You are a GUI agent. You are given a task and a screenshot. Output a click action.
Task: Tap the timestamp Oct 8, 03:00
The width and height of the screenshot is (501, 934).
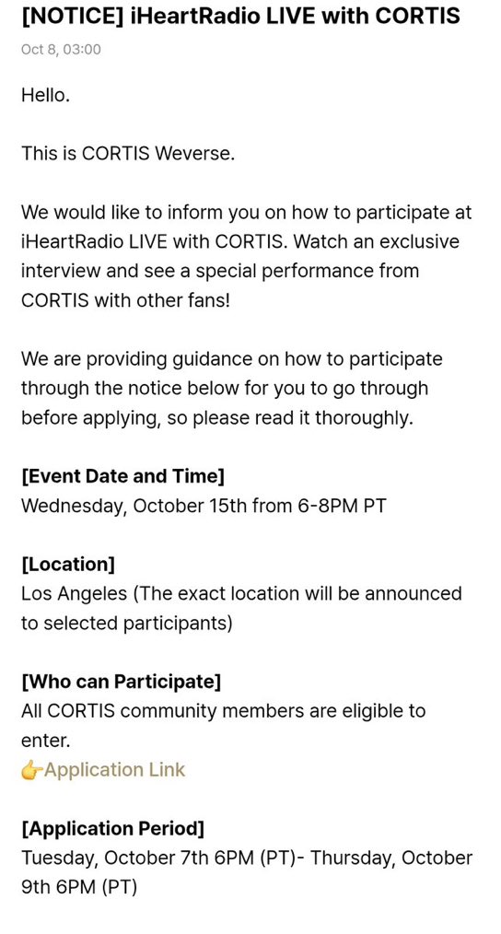point(61,50)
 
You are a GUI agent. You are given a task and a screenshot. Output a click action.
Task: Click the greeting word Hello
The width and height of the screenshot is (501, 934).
point(45,95)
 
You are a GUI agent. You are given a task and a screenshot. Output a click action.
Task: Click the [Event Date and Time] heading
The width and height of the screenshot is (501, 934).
point(122,476)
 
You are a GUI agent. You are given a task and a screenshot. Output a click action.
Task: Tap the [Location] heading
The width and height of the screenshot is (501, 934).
point(68,564)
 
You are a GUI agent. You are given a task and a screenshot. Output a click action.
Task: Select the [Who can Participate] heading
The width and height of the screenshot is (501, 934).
point(121,682)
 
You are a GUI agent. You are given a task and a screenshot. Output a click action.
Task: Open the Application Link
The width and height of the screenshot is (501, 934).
point(114,770)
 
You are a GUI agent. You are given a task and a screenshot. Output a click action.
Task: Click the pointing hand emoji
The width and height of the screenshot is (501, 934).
point(31,770)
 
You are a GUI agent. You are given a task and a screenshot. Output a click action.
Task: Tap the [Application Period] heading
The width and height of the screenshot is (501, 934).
point(112,829)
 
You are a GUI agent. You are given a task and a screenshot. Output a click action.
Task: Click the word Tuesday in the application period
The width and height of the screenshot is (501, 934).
point(58,858)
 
